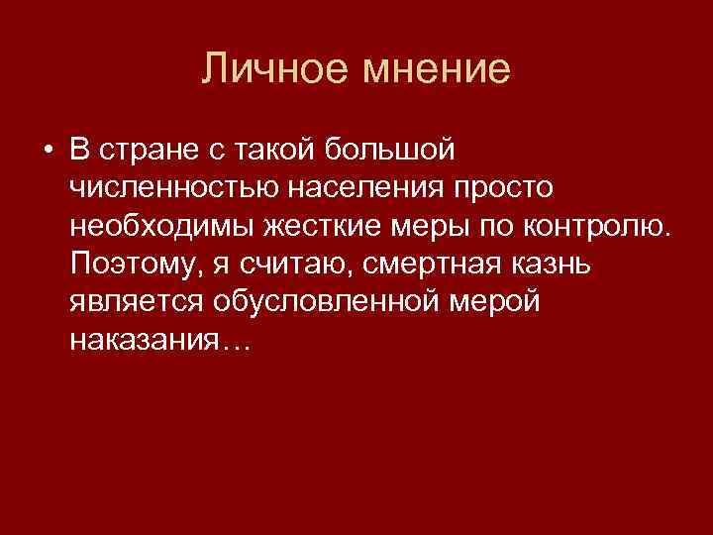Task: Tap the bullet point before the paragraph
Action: point(47,151)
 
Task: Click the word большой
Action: point(391,150)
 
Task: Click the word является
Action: point(132,301)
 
